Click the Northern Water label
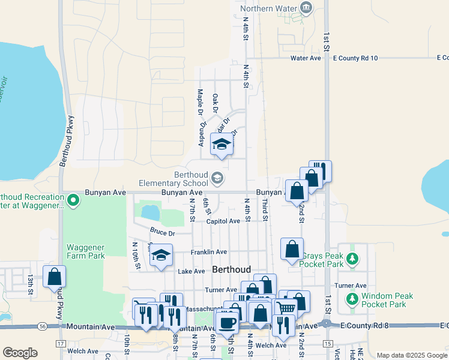pyautogui.click(x=269, y=8)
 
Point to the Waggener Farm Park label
pyautogui.click(x=86, y=251)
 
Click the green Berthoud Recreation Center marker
pyautogui.click(x=73, y=199)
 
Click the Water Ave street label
pyautogui.click(x=306, y=58)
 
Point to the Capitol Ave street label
pyautogui.click(x=223, y=221)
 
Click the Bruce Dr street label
pyautogui.click(x=162, y=233)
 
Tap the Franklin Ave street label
pyautogui.click(x=209, y=252)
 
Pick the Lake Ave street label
pyautogui.click(x=191, y=271)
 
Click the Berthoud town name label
pyautogui.click(x=231, y=270)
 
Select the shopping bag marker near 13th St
pyautogui.click(x=54, y=277)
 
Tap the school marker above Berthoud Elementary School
pyautogui.click(x=221, y=144)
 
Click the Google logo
pyautogui.click(x=20, y=353)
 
